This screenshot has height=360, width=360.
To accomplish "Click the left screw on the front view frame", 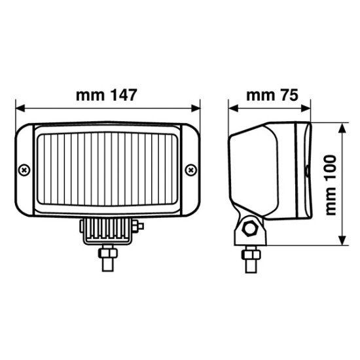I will (24, 170).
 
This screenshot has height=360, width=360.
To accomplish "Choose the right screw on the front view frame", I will (191, 170).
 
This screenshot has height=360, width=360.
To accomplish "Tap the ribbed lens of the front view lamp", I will (108, 171).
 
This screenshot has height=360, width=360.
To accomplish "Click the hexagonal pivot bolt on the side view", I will (249, 228).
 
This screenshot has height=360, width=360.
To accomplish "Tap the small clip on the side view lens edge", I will (307, 171).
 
